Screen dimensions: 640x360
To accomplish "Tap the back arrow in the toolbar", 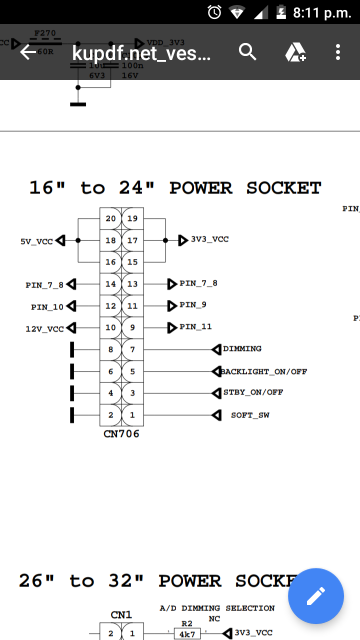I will pyautogui.click(x=28, y=52).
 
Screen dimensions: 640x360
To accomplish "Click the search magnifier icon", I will pyautogui.click(x=247, y=52).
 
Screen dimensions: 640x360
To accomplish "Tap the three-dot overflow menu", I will pyautogui.click(x=338, y=52).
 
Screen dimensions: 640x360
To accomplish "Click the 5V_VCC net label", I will pyautogui.click(x=36, y=241).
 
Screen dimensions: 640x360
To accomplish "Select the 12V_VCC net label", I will pyautogui.click(x=45, y=329).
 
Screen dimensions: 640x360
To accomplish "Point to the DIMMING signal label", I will pyautogui.click(x=242, y=348).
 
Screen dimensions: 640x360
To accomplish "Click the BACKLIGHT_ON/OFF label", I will pyautogui.click(x=264, y=371).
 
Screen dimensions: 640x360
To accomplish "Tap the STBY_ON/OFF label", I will pyautogui.click(x=252, y=392).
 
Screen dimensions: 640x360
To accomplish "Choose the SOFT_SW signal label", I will pyautogui.click(x=250, y=415).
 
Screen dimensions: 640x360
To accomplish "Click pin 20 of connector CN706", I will pyautogui.click(x=110, y=218).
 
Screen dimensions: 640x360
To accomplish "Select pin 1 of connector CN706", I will pyautogui.click(x=132, y=415).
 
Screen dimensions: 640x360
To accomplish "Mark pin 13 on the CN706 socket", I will pyautogui.click(x=132, y=284).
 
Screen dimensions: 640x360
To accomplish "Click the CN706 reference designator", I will pyautogui.click(x=121, y=434).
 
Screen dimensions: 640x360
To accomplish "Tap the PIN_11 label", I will pyautogui.click(x=195, y=327).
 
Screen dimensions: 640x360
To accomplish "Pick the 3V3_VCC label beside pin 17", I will pyautogui.click(x=209, y=239).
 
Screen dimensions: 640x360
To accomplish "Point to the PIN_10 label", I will pyautogui.click(x=47, y=307).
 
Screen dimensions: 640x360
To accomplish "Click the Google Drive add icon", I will pyautogui.click(x=295, y=52).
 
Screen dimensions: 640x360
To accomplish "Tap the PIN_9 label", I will pyautogui.click(x=193, y=305).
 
